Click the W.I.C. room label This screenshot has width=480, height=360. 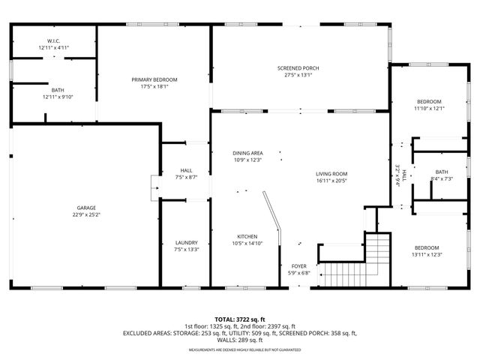click(53, 41)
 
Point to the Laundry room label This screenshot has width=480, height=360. click(186, 242)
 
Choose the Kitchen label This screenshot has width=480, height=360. click(247, 236)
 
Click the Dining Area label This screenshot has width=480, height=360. click(247, 153)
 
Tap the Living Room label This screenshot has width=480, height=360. click(331, 173)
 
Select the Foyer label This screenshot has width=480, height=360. click(298, 266)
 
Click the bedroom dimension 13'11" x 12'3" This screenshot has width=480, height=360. click(427, 255)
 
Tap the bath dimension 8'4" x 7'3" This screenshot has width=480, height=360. click(441, 178)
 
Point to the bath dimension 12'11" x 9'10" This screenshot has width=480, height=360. click(58, 97)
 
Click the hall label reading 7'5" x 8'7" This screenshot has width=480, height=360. click(186, 178)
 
